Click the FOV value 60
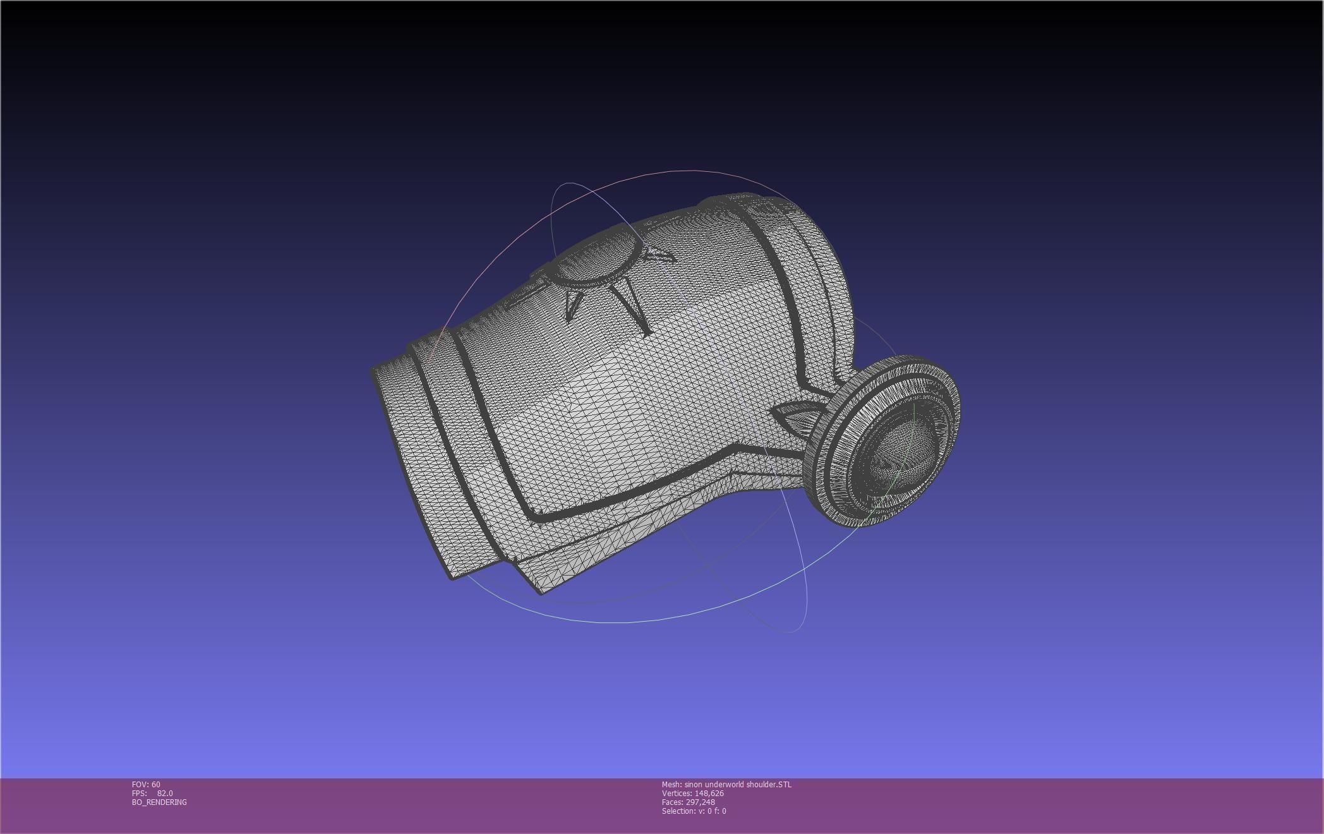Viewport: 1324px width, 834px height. [x=155, y=785]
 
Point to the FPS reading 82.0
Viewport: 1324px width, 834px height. [x=165, y=794]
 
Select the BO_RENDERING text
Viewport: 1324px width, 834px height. [x=159, y=802]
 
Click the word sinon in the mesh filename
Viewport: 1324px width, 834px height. [x=694, y=785]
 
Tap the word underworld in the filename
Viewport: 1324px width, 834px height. [x=726, y=785]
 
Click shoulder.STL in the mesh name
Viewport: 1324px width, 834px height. [x=769, y=785]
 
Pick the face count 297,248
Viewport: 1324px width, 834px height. [x=700, y=802]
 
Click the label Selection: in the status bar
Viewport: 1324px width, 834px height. [x=678, y=811]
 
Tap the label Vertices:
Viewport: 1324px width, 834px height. [x=677, y=794]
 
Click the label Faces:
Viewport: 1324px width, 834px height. [x=672, y=802]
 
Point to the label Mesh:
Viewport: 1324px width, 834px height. [x=671, y=785]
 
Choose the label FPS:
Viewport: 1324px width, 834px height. [x=139, y=794]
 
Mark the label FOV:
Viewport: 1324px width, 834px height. [x=140, y=785]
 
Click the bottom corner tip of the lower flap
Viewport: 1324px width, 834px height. [x=541, y=591]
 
